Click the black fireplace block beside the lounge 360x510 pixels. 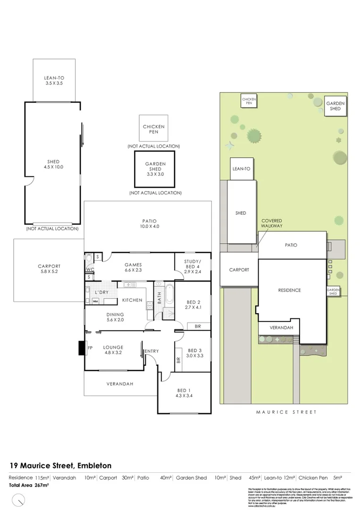[x=81, y=348]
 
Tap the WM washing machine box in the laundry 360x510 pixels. [x=89, y=301]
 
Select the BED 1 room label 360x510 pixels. [x=184, y=393]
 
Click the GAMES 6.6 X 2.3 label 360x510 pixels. [x=133, y=268]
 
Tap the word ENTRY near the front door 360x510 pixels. [x=152, y=351]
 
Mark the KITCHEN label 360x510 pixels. [x=132, y=300]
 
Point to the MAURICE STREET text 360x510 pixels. [x=286, y=412]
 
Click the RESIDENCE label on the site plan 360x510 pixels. [x=289, y=290]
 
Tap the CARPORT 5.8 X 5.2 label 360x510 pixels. [x=49, y=269]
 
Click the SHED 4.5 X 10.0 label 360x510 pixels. [x=53, y=164]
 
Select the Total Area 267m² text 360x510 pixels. [x=29, y=485]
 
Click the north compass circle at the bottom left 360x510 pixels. [x=18, y=499]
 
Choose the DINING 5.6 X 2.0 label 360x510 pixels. [x=115, y=317]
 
